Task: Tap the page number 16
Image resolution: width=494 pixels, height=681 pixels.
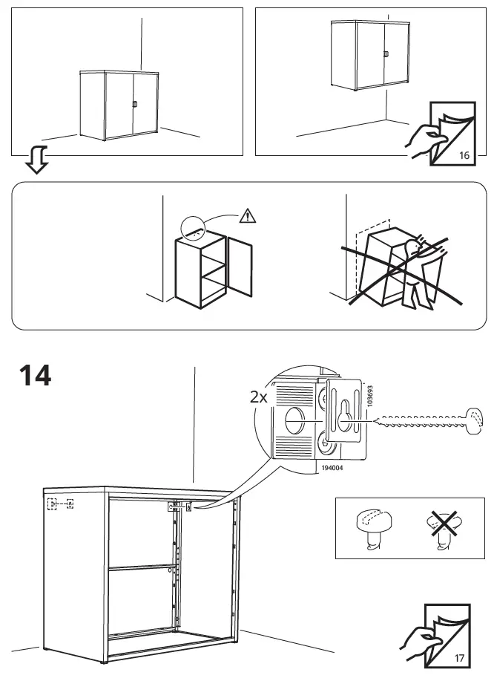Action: tap(464, 155)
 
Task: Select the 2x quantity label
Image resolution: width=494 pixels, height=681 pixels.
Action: tap(258, 397)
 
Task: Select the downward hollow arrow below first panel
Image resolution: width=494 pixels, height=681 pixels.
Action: tap(36, 160)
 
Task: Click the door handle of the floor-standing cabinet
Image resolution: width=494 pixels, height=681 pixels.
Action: tap(135, 105)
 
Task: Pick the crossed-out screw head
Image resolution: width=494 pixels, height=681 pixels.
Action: tap(443, 528)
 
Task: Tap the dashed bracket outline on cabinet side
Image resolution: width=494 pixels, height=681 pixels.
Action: tap(60, 504)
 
